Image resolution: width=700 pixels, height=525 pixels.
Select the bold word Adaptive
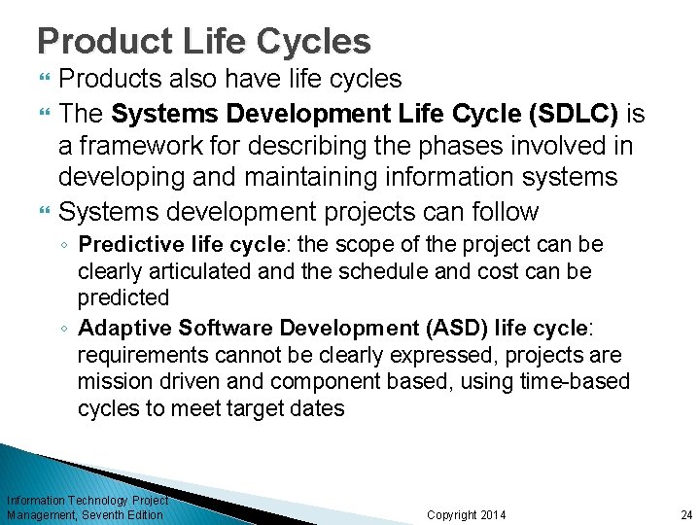(118, 328)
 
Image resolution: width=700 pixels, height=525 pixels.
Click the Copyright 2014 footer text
(467, 514)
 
